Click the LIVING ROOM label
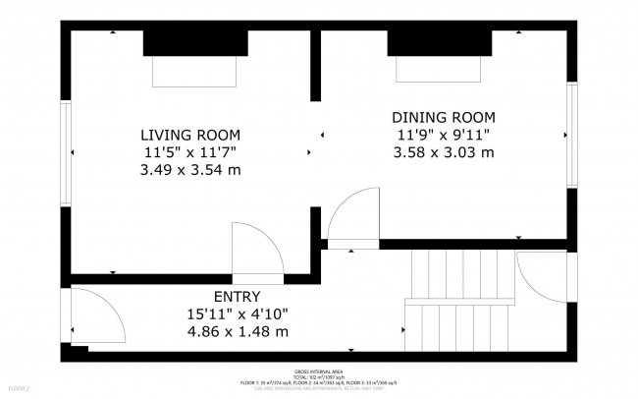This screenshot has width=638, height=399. pos(190,135)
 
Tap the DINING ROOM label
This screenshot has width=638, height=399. pos(444,117)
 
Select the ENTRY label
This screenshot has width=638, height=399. pos(238,296)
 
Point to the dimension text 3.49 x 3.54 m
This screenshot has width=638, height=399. pos(190,170)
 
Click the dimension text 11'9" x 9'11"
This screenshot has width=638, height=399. pos(444,135)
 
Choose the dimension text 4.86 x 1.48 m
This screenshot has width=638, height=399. pos(238,331)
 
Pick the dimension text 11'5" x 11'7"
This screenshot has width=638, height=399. pos(190,152)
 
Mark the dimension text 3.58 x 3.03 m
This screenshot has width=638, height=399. pos(444,152)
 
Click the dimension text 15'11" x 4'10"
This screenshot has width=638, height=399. pos(238,313)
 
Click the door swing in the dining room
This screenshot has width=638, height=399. pos(353,216)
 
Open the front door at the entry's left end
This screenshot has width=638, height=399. pos(96,318)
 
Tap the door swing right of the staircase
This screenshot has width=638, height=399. pos(540,279)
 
